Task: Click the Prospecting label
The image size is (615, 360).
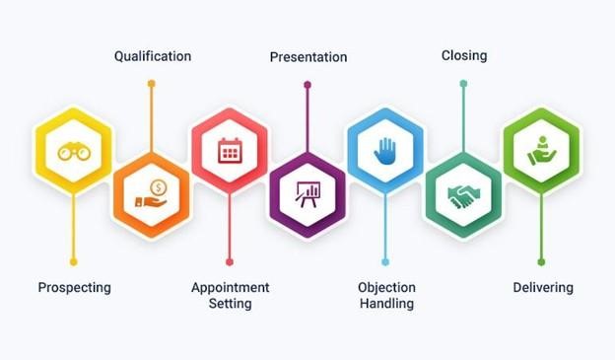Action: [74, 288]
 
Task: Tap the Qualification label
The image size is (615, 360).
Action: [153, 56]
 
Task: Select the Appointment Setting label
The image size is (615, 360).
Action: [230, 295]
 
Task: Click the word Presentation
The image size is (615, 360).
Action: [307, 57]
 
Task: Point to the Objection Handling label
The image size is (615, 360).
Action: [386, 295]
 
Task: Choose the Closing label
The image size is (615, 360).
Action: [464, 56]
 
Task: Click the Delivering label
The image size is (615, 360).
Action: [543, 288]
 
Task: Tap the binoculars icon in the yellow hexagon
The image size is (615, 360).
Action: [73, 151]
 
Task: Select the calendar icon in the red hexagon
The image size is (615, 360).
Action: [230, 151]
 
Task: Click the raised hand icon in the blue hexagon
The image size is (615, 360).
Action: [385, 151]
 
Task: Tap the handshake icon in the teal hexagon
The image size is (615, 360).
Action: [463, 194]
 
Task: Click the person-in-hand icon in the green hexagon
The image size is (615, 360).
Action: [541, 151]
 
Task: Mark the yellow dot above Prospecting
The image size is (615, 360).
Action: [73, 261]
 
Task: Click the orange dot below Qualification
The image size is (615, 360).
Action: [152, 84]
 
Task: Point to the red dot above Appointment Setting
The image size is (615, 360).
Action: [230, 261]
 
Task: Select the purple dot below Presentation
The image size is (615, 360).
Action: [307, 84]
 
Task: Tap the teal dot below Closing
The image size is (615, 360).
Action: [463, 84]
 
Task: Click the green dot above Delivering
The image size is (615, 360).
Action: [541, 261]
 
